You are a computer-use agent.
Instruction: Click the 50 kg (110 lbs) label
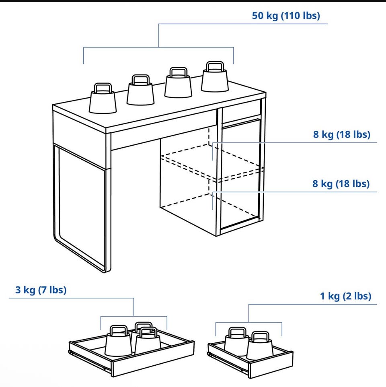coord(286,16)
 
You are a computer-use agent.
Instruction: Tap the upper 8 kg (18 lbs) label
coord(342,134)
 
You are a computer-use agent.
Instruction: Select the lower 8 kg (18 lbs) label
coord(341,184)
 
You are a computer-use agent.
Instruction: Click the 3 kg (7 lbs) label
coord(41,290)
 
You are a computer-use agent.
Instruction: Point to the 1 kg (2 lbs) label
coord(345,296)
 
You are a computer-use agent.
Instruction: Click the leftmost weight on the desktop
coord(103,98)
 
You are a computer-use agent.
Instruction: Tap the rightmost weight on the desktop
coord(215,77)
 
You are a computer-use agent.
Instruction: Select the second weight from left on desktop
coord(141,90)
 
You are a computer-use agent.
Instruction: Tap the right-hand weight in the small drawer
coord(260,346)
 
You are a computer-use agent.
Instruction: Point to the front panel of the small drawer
coord(271,365)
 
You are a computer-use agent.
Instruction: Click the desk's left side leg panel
coord(81,207)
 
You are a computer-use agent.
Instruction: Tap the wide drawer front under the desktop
coord(163,130)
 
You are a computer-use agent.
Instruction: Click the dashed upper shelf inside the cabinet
coord(212,162)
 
